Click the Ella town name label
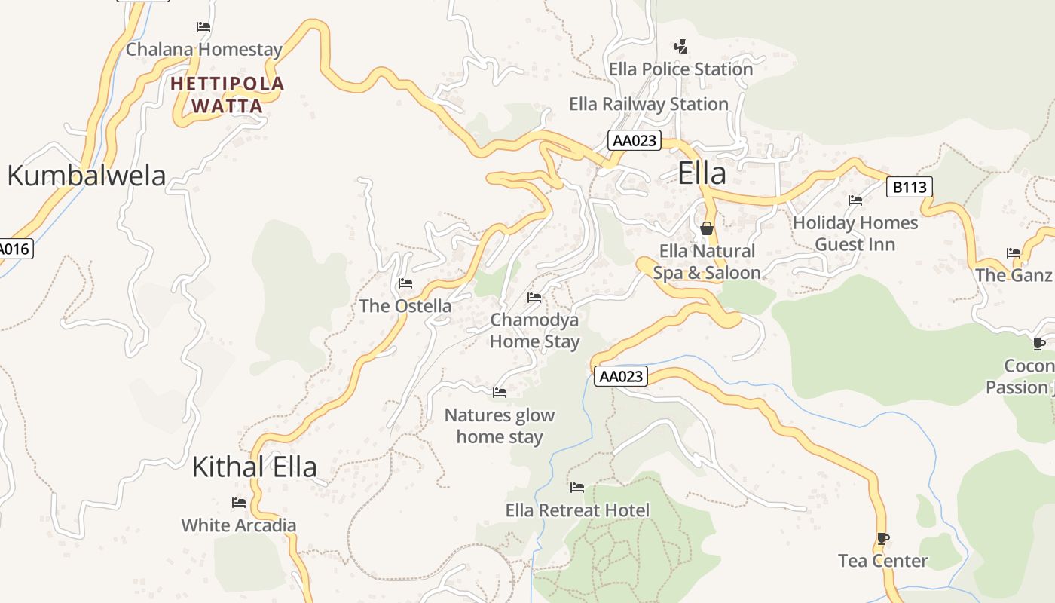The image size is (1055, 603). point(702,173)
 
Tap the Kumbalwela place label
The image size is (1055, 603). point(86,176)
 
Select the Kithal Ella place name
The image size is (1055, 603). point(254,467)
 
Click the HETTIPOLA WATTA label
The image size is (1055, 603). point(227,94)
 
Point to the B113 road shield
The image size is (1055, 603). point(909,187)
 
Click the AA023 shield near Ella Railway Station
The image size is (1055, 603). point(635,140)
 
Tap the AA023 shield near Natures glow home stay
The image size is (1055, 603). point(621,376)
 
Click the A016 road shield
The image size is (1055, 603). point(15,248)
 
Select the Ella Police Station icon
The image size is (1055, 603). point(680,47)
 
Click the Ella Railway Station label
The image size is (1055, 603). point(648,104)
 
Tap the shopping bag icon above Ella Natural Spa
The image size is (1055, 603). point(707,228)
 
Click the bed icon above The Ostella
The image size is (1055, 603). point(405,283)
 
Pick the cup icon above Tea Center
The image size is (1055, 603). point(883,538)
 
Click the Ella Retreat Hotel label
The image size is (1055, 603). point(577,510)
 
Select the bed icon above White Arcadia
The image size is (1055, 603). point(239,503)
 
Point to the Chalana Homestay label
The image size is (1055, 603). point(203,50)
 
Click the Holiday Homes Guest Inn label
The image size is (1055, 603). point(855,234)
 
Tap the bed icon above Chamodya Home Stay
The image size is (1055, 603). point(534,298)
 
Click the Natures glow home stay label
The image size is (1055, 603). point(499,426)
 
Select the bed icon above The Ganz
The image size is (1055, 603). point(1014,253)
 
